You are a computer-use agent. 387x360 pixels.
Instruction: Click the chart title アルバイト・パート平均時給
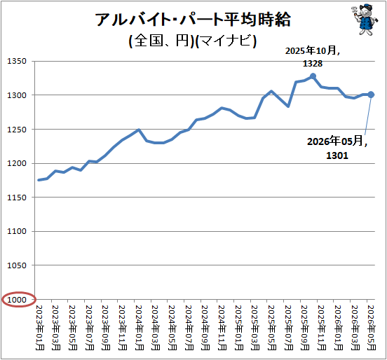click(x=193, y=20)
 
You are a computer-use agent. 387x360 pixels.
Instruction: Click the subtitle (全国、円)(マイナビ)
click(x=193, y=41)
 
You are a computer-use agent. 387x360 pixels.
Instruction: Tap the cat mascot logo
click(x=365, y=20)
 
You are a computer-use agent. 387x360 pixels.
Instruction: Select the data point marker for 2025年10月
click(x=313, y=76)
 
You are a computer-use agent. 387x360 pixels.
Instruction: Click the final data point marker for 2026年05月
click(x=371, y=95)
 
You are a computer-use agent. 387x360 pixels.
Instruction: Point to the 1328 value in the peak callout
click(x=313, y=64)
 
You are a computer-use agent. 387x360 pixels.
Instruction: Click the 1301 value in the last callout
click(x=337, y=155)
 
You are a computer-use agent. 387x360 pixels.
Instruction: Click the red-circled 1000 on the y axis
click(x=17, y=300)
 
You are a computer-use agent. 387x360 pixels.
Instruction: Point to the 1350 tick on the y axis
click(x=17, y=61)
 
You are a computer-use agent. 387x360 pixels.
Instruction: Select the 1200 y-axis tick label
click(x=17, y=163)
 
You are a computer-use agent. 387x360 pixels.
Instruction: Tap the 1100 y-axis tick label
click(x=17, y=231)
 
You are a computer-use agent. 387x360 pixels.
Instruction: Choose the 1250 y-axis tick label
click(x=17, y=130)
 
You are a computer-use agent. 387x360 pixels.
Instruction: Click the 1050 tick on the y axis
click(x=17, y=265)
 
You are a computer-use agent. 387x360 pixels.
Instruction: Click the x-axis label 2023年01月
click(x=40, y=328)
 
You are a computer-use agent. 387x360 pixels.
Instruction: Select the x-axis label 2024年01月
click(x=140, y=328)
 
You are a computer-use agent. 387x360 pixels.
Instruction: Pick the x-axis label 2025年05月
click(x=272, y=328)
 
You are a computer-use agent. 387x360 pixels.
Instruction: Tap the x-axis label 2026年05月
click(x=372, y=328)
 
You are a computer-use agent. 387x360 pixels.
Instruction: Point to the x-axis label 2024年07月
click(x=189, y=328)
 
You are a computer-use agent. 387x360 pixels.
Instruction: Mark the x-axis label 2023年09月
click(x=106, y=328)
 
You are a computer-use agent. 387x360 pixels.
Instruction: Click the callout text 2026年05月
click(x=337, y=141)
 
